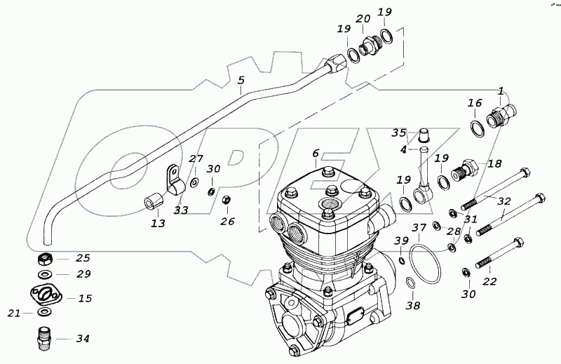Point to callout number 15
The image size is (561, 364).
click(85, 298)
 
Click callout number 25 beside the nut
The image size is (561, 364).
click(83, 258)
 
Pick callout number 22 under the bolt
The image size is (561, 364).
click(489, 281)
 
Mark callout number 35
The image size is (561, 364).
click(399, 133)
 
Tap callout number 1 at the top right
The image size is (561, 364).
click(501, 91)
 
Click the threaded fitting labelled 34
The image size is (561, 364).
click(44, 338)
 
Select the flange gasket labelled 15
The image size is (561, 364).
click(46, 295)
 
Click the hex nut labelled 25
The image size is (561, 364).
click(44, 258)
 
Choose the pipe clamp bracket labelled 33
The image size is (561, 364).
click(173, 181)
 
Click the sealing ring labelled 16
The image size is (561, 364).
click(476, 129)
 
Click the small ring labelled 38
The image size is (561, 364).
click(411, 284)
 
